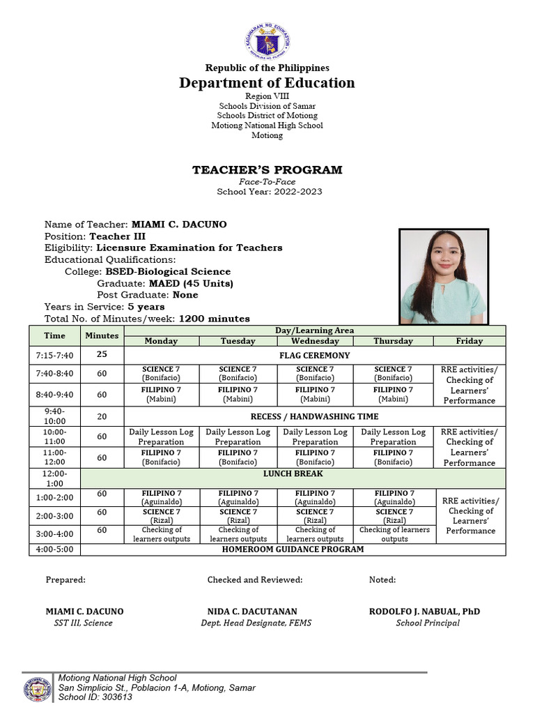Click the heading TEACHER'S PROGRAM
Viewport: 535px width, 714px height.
[x=267, y=169]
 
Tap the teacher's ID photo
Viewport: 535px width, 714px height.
[x=443, y=276]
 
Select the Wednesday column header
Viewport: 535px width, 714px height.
[x=316, y=341]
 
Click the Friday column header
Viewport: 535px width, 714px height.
[x=470, y=341]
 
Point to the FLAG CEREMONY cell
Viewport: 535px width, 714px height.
[x=315, y=355]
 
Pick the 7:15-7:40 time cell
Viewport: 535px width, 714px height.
[x=54, y=355]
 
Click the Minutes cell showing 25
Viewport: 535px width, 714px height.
[x=102, y=354]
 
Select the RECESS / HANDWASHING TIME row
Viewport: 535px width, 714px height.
[x=315, y=416]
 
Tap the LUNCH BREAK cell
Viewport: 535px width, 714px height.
[x=293, y=473]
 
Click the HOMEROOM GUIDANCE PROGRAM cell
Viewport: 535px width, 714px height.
[x=293, y=549]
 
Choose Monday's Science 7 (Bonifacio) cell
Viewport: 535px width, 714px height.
[x=161, y=373]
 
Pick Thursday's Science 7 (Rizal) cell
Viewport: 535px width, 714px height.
[x=394, y=516]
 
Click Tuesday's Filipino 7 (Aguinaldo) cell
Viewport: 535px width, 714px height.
[x=238, y=497]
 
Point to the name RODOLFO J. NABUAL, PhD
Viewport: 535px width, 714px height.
[x=424, y=612]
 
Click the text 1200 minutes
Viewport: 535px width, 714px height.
[x=214, y=318]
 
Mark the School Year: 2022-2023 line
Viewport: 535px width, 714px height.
[x=270, y=191]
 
